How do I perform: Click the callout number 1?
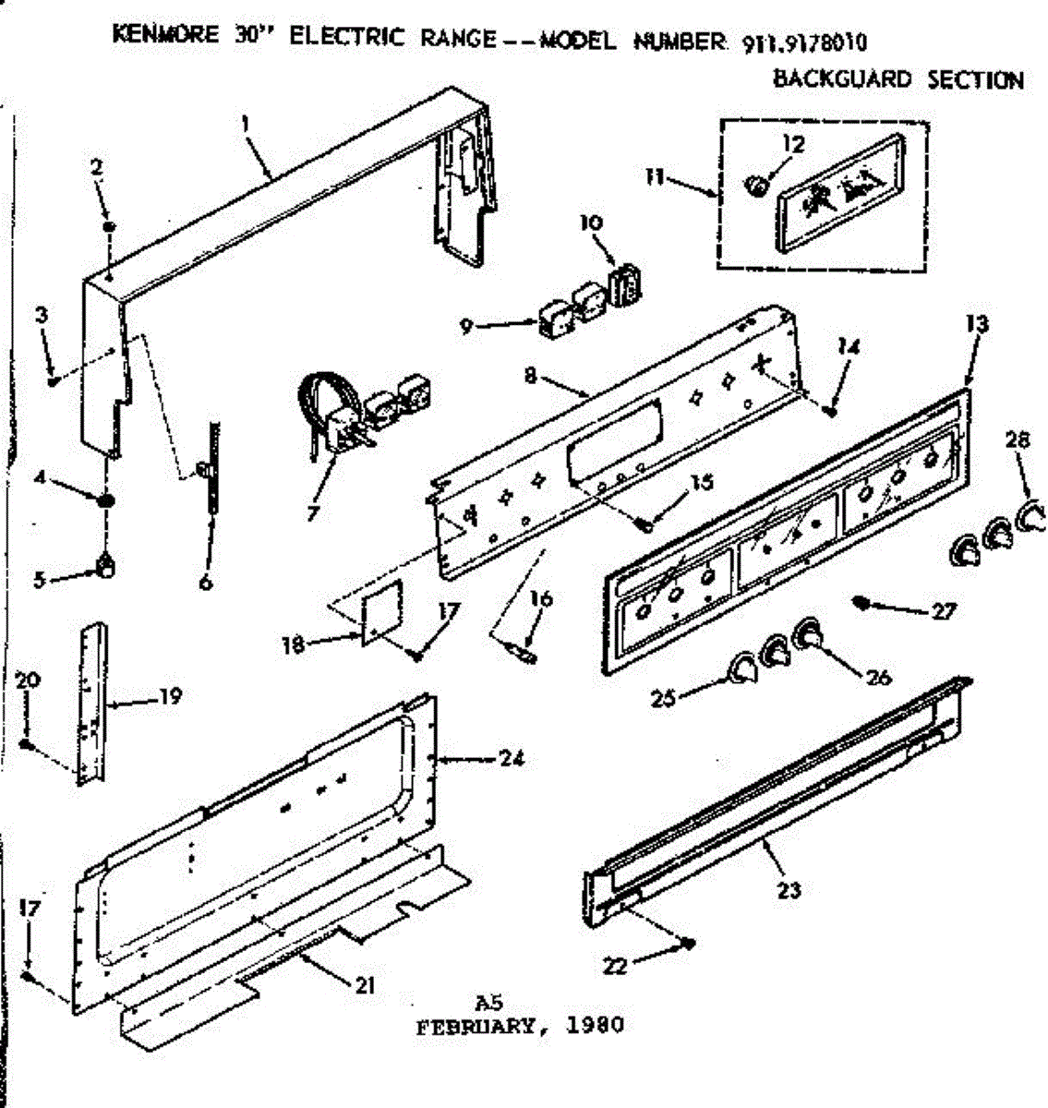[x=246, y=124]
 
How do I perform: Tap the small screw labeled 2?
[x=109, y=225]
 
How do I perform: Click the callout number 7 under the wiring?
[x=313, y=512]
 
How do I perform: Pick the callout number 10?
[x=590, y=223]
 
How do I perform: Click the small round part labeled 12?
[x=755, y=187]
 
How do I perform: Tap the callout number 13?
[x=977, y=324]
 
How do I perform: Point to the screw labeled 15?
[x=645, y=524]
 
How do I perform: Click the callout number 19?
[x=168, y=696]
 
